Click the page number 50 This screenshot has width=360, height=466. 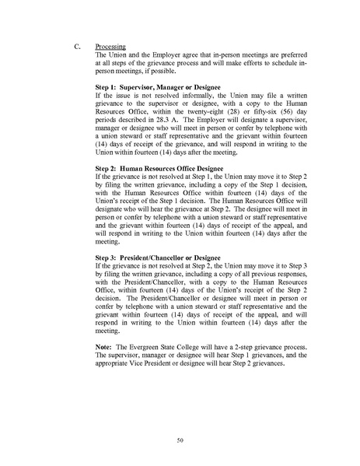click(x=180, y=441)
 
